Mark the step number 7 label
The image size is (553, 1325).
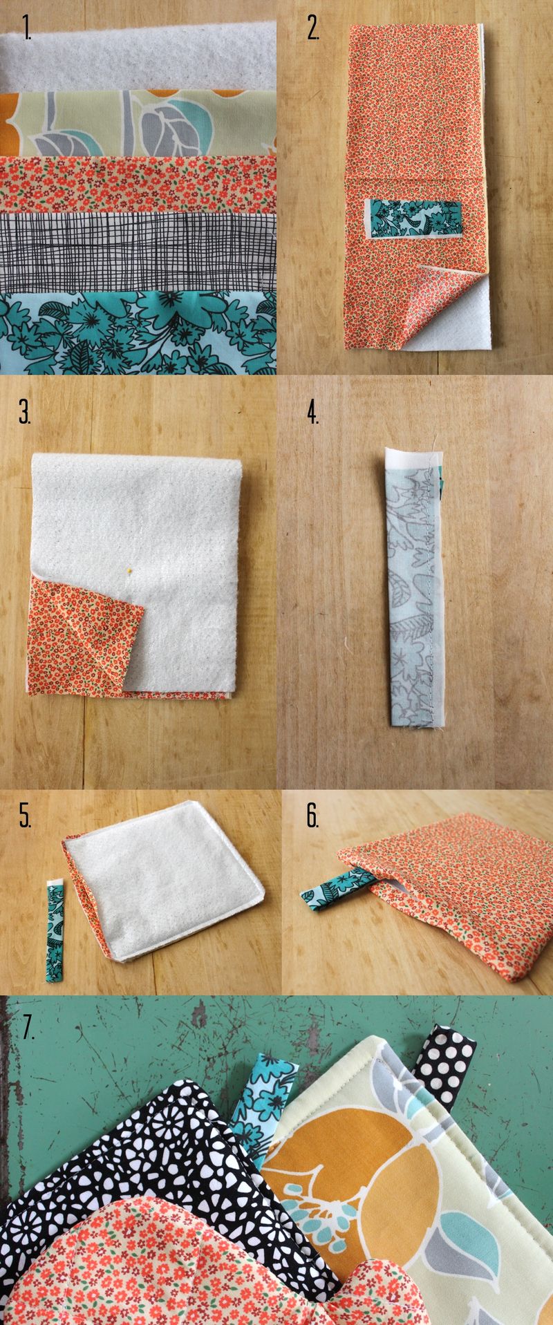(x=28, y=1027)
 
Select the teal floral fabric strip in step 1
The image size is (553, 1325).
(x=138, y=332)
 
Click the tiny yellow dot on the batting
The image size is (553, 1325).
(x=129, y=572)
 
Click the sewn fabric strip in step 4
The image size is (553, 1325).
(x=413, y=588)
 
